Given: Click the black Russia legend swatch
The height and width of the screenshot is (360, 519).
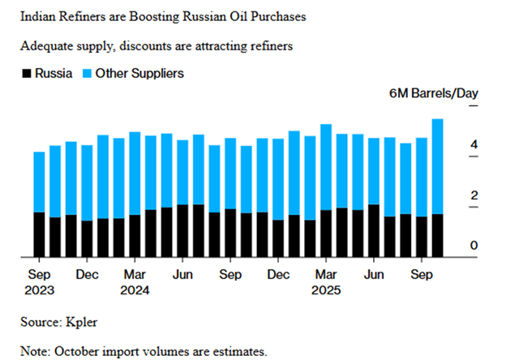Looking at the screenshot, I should coord(26,74).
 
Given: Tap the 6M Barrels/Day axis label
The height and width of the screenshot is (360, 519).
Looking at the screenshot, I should coord(434,93).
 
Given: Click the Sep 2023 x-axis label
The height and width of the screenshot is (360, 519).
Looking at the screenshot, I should coord(39,281).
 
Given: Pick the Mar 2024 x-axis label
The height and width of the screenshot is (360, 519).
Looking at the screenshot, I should coord(135,281).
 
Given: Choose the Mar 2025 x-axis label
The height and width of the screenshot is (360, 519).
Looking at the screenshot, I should coord(326,281).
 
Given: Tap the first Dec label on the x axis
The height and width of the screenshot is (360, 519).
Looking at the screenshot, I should coord(88,274).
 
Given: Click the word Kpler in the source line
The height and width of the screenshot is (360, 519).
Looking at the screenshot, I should coord(84,322).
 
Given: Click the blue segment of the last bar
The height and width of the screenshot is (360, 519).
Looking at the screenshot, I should coord(437,166).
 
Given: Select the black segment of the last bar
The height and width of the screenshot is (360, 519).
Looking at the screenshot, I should coord(437,236).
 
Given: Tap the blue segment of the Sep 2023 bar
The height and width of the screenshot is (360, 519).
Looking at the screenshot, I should coord(39,182).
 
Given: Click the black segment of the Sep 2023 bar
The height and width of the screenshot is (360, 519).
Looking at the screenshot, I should coord(39,235).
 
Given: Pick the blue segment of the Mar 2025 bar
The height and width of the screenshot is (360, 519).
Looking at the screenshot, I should coord(326,167).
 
